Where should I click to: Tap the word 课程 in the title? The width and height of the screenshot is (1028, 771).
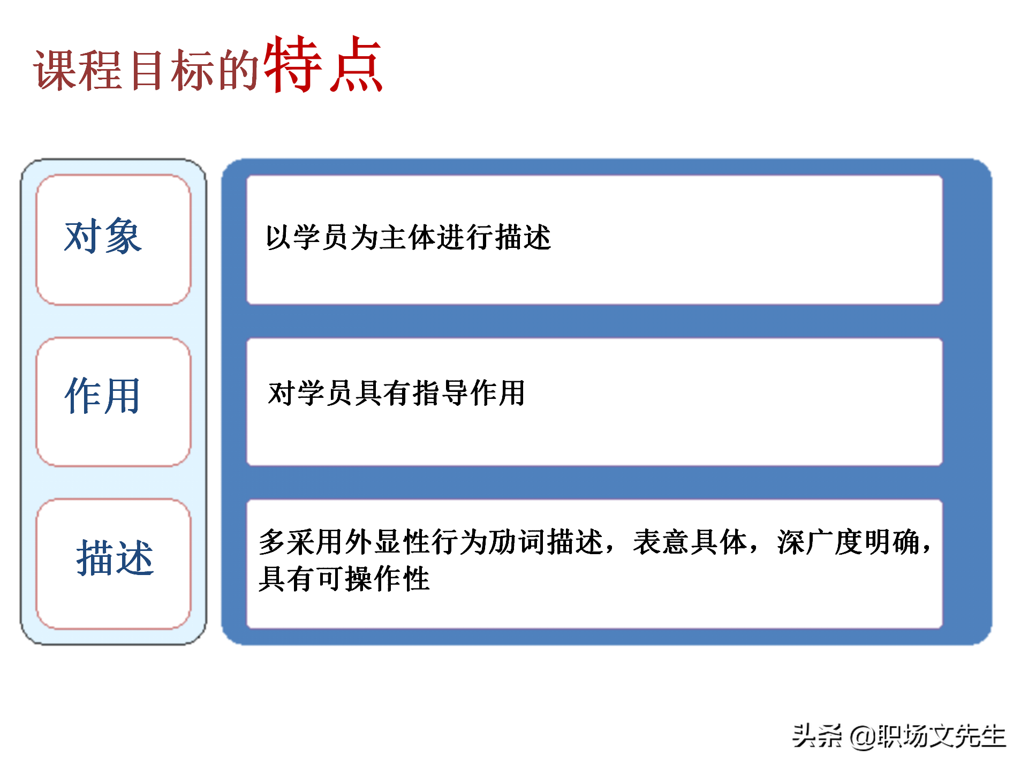click(x=78, y=70)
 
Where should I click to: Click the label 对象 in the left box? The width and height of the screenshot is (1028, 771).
click(x=103, y=236)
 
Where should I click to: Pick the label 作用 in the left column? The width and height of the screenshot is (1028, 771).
click(x=103, y=395)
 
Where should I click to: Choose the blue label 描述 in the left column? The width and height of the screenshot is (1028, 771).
click(x=115, y=557)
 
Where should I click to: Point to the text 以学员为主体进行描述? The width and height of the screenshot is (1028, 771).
click(x=408, y=237)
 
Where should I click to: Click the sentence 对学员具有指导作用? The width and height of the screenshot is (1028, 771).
click(x=396, y=393)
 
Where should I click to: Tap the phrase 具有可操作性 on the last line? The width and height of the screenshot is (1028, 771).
click(x=344, y=578)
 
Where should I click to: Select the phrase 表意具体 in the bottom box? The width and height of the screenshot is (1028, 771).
click(x=690, y=542)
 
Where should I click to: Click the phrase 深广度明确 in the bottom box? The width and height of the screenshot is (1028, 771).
click(x=849, y=542)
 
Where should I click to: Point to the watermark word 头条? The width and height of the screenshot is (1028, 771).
click(x=817, y=736)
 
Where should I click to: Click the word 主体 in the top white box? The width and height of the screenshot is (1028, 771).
click(x=408, y=237)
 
